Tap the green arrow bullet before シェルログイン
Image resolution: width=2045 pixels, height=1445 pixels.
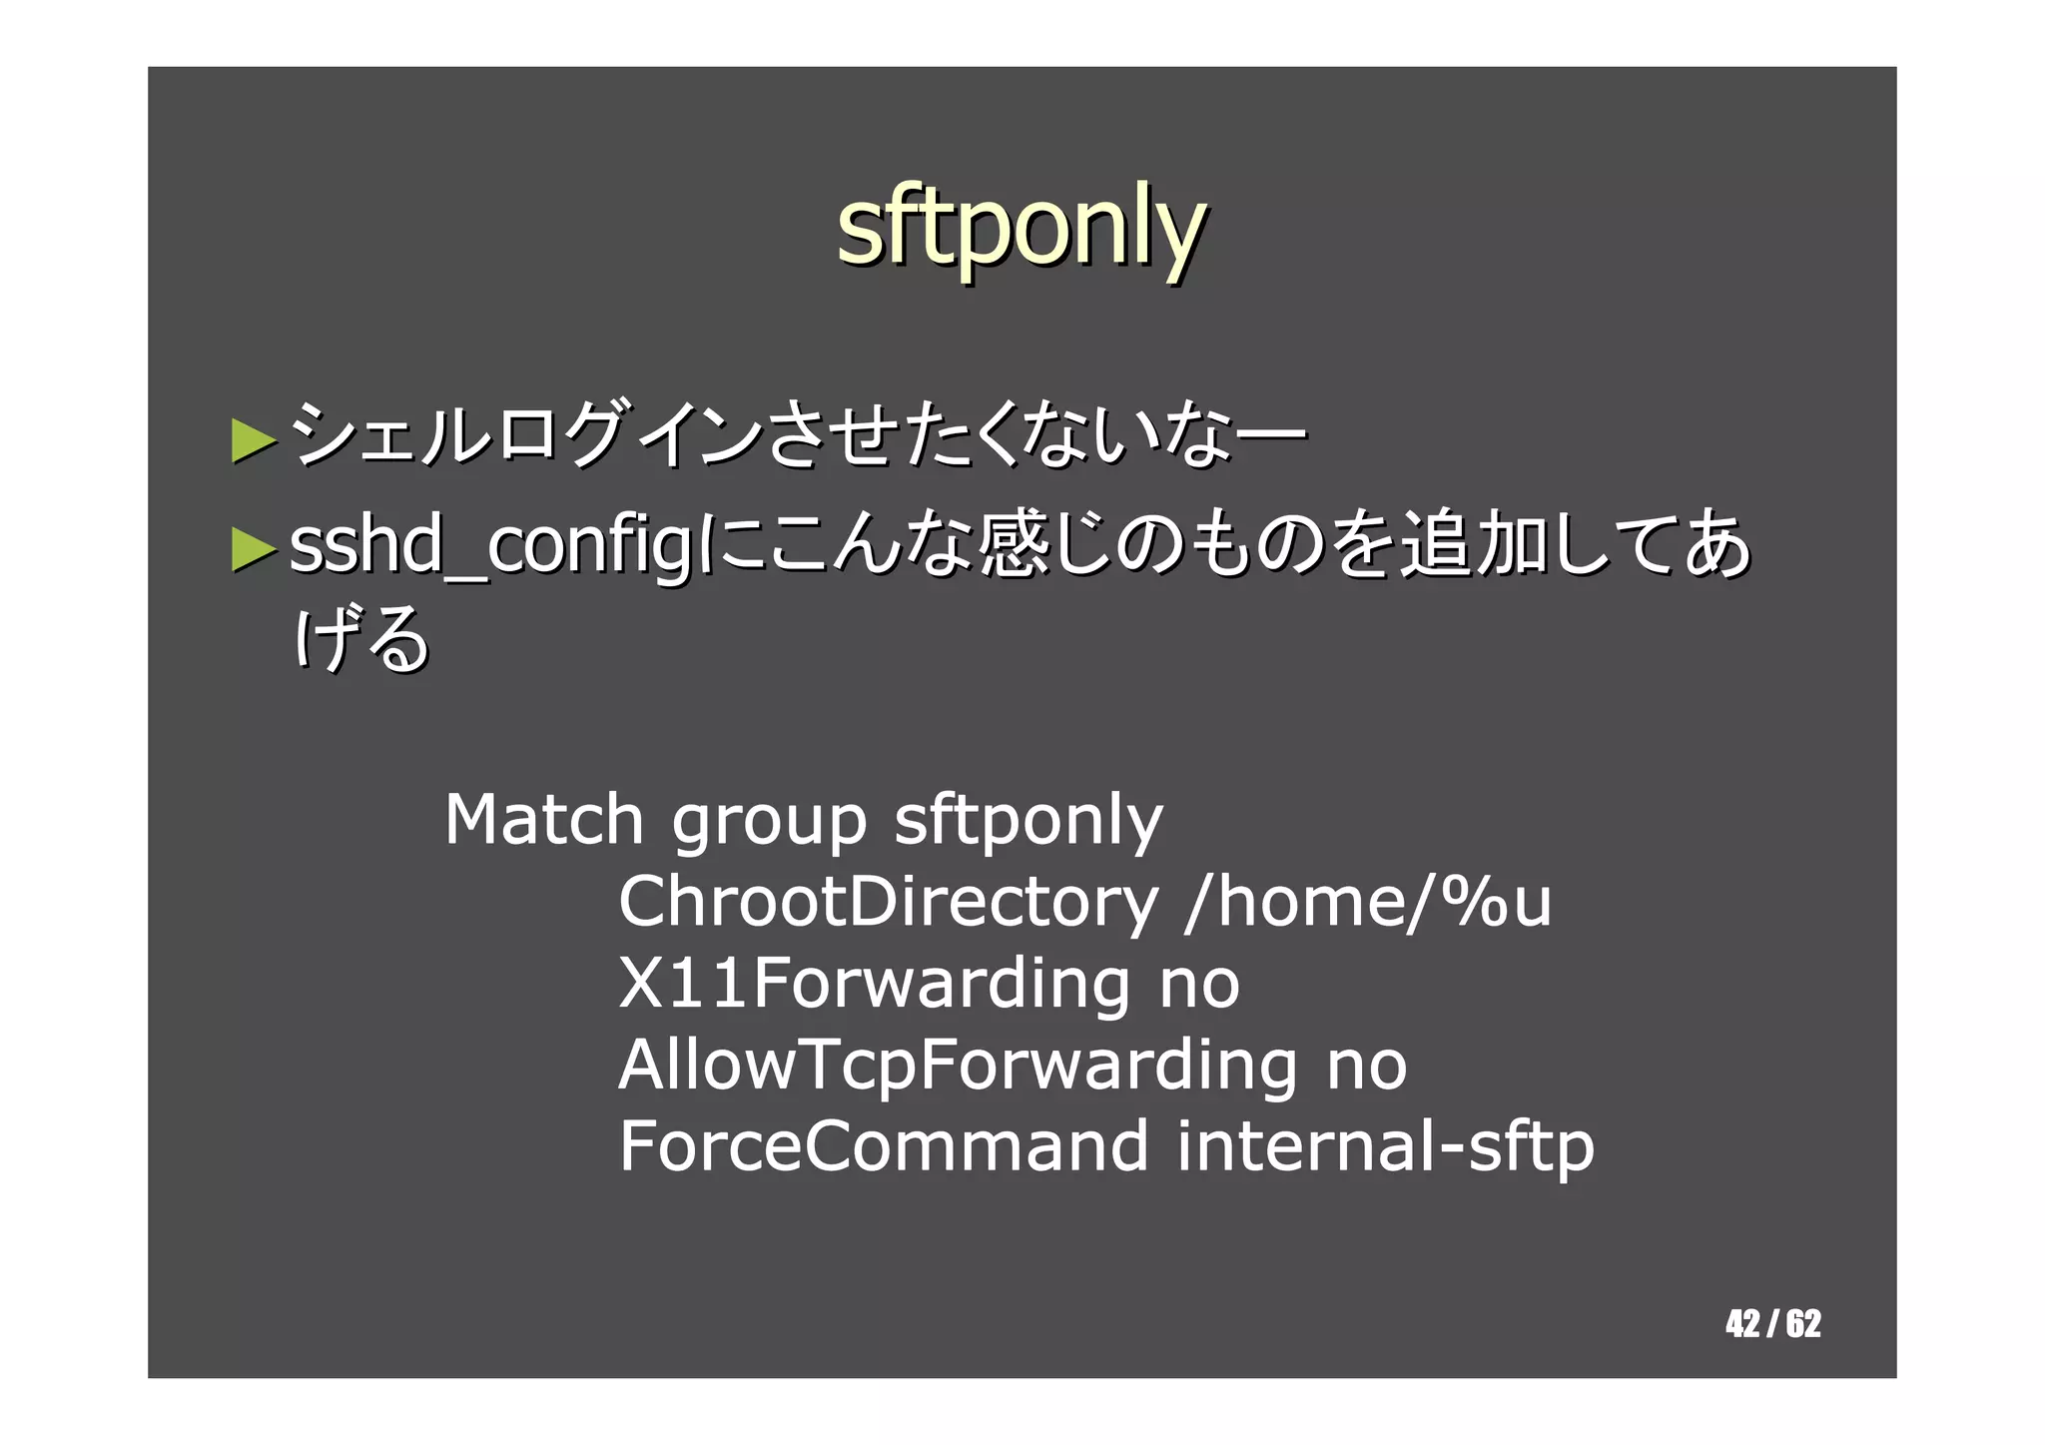point(253,440)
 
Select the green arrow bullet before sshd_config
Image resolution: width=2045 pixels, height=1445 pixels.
point(253,548)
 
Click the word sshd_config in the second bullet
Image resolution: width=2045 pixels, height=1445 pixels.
point(489,548)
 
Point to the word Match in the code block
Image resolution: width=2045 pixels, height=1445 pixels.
point(544,820)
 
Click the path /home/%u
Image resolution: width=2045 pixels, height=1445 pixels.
point(1367,902)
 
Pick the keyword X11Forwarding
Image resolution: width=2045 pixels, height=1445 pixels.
point(874,984)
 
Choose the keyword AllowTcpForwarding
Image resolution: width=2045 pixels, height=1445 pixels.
point(958,1066)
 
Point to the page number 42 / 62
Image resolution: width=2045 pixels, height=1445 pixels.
point(1772,1323)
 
